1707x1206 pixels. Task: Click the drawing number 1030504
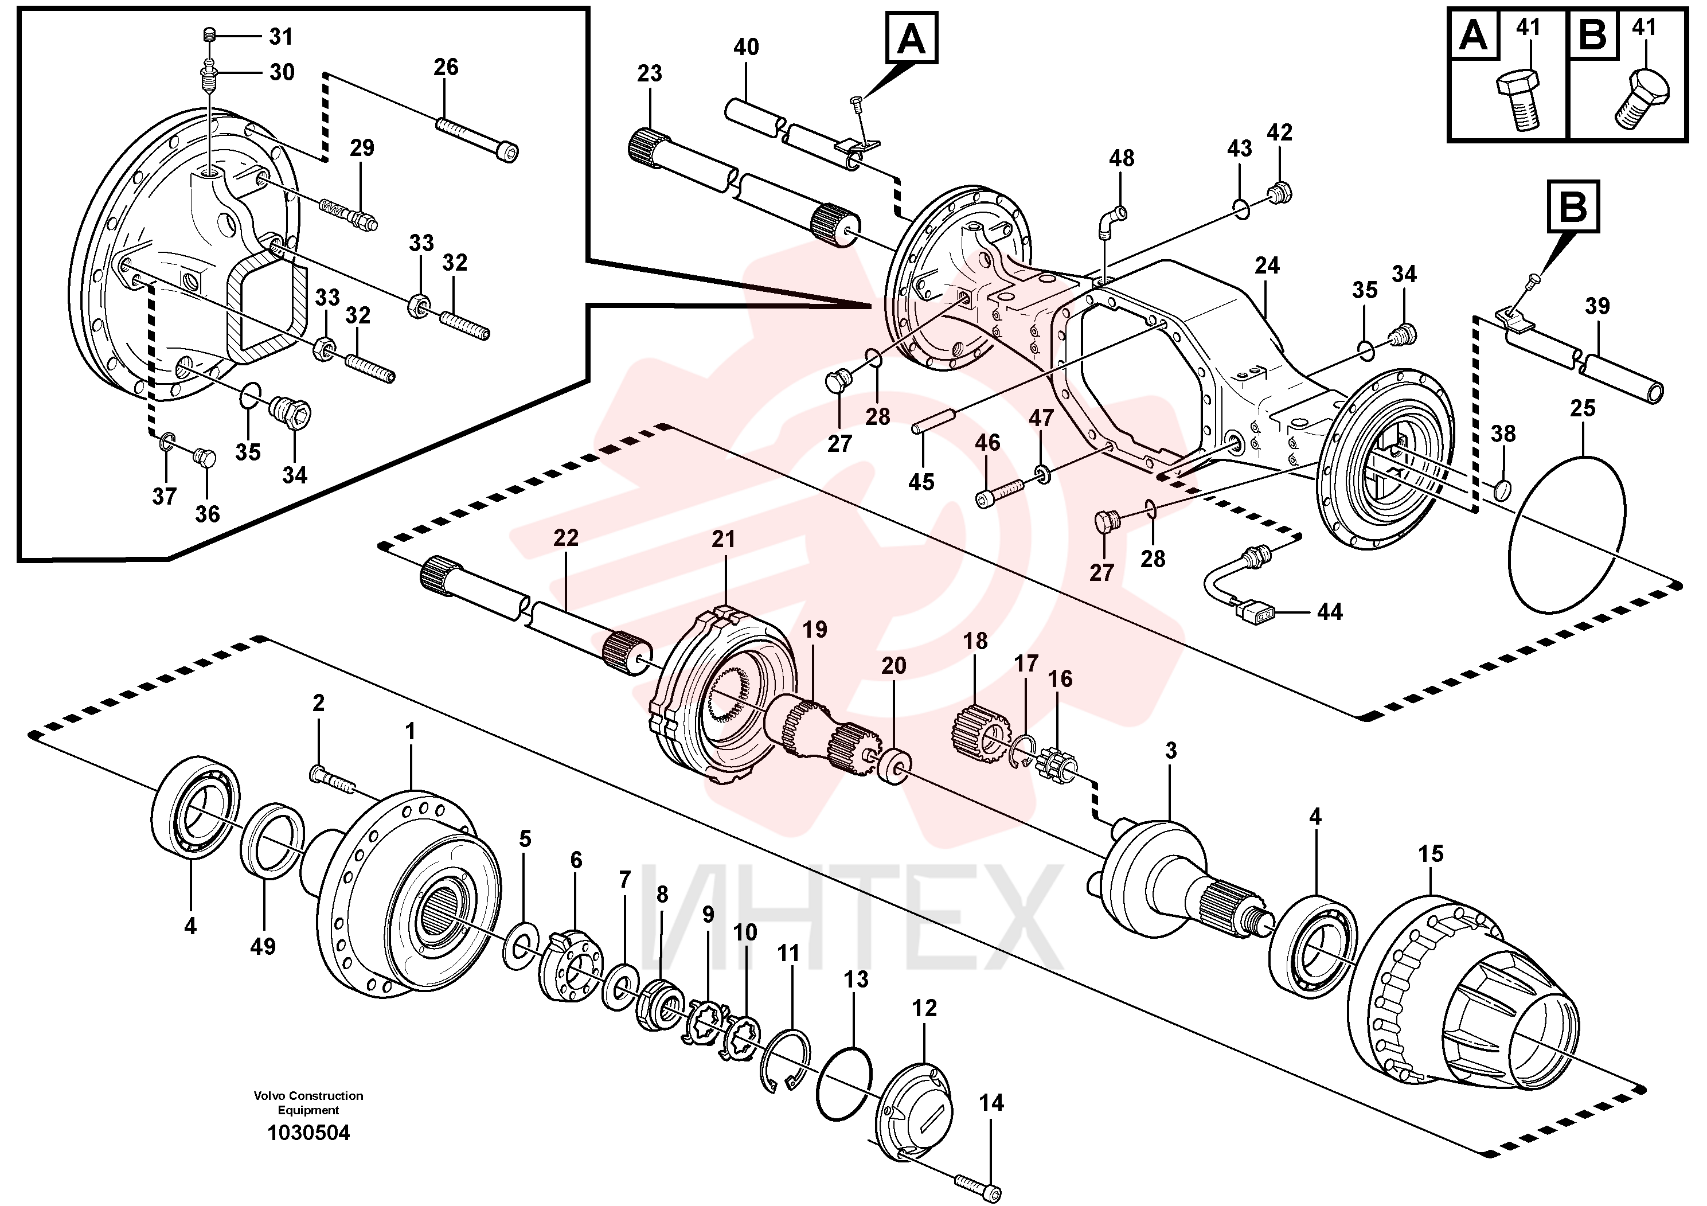tap(308, 1133)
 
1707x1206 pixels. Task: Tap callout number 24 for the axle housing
tap(1267, 266)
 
